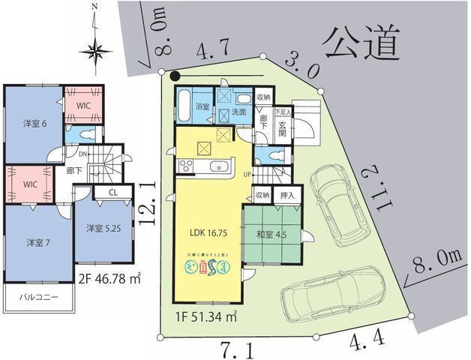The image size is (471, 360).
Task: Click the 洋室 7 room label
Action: coord(38,243)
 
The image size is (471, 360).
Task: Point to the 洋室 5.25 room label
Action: coord(103,228)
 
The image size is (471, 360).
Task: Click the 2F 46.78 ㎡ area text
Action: coord(110,280)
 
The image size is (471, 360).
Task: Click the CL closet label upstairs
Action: coord(111,192)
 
